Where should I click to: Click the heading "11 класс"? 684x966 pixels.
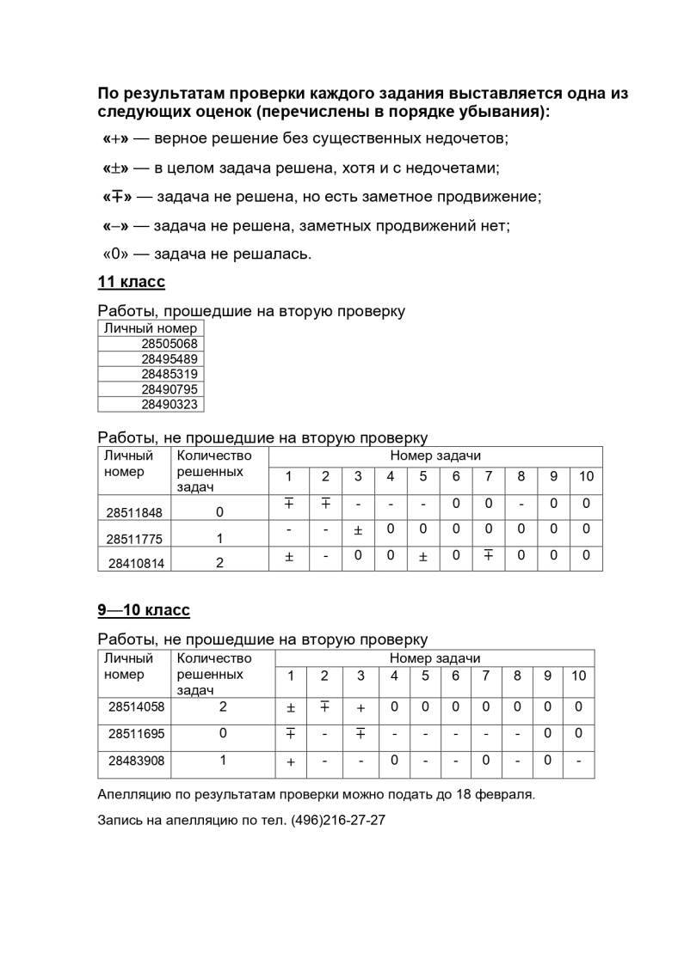click(x=131, y=282)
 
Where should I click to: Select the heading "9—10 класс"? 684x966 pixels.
click(x=143, y=610)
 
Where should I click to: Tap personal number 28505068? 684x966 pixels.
click(x=169, y=344)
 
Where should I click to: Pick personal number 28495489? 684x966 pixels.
click(x=169, y=359)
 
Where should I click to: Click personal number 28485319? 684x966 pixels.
click(x=169, y=374)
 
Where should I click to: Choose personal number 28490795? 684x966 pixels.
click(x=169, y=389)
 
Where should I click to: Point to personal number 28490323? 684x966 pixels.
click(x=169, y=404)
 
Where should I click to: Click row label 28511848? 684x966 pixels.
click(x=134, y=512)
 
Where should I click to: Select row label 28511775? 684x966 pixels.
click(x=134, y=539)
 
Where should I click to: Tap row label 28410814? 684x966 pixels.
click(x=135, y=564)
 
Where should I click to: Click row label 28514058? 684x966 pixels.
click(x=136, y=706)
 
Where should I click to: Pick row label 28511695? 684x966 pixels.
click(x=136, y=734)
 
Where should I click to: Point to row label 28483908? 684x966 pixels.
click(x=136, y=761)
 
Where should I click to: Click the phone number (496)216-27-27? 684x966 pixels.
click(x=338, y=820)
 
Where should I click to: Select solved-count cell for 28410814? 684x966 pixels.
click(x=219, y=564)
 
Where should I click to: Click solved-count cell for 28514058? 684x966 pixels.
click(x=223, y=706)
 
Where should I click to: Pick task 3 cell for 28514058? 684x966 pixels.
click(x=360, y=707)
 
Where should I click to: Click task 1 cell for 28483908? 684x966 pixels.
click(x=291, y=761)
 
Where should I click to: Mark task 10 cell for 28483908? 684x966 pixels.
click(x=578, y=761)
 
